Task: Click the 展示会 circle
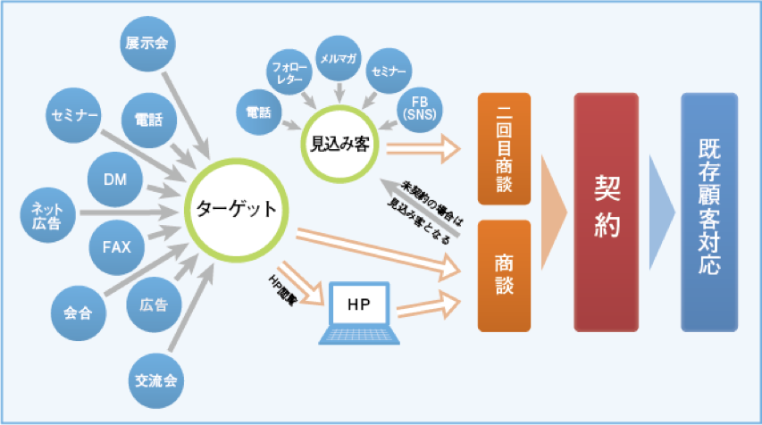[148, 42]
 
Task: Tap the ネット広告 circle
[47, 214]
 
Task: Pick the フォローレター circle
[289, 71]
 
